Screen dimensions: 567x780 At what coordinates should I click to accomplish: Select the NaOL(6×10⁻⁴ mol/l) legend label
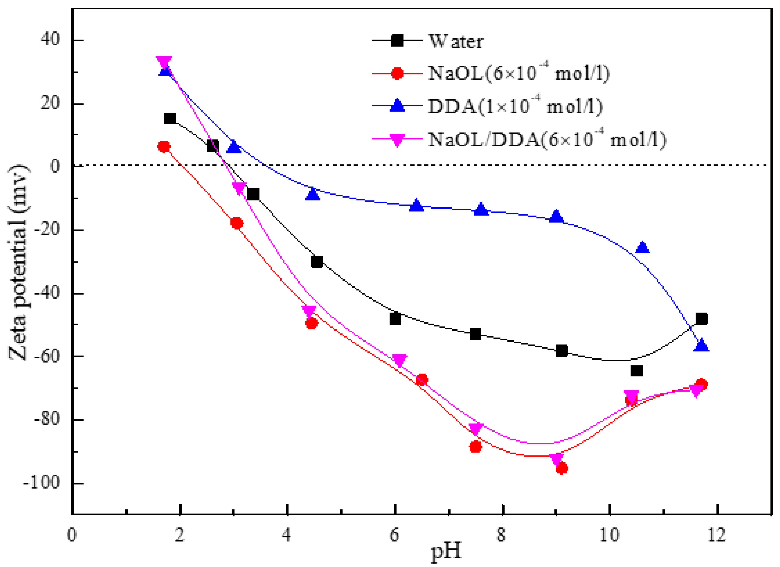coord(518,73)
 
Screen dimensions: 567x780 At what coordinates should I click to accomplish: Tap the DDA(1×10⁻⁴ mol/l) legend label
coord(515,106)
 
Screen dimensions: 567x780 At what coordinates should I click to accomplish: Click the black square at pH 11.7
coord(701,319)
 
